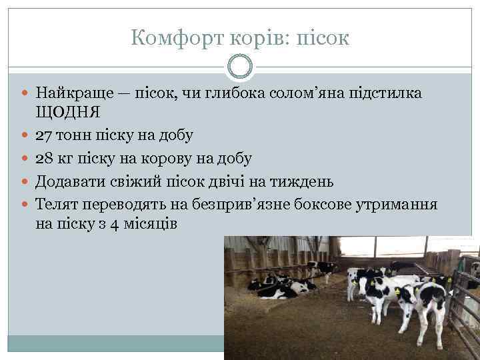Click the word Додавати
[73, 181]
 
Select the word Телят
[57, 203]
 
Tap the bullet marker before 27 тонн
[26, 136]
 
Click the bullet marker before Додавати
[26, 181]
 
